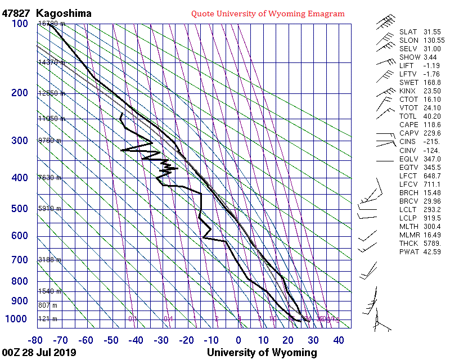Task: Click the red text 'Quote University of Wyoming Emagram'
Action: click(x=268, y=13)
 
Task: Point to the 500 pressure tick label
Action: click(x=20, y=209)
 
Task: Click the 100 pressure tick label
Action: click(x=20, y=23)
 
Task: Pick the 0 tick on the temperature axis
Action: click(x=238, y=340)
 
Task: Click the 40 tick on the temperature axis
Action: click(x=339, y=340)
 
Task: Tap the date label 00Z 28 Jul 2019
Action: click(x=39, y=353)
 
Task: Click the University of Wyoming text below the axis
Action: click(x=262, y=353)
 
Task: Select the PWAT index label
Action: click(x=408, y=251)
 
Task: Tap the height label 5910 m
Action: click(x=49, y=209)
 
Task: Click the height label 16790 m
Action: click(x=51, y=24)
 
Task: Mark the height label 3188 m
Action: click(x=49, y=260)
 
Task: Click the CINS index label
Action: click(x=408, y=142)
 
